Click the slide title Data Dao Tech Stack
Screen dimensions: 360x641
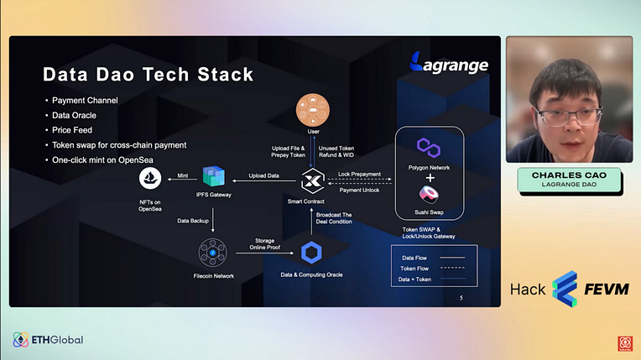click(148, 75)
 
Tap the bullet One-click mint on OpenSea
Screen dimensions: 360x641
click(110, 159)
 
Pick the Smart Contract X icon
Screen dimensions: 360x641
click(312, 179)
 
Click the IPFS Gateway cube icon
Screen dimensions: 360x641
click(213, 177)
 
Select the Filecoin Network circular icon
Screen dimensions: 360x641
click(213, 252)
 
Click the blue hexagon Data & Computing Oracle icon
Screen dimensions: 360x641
click(312, 251)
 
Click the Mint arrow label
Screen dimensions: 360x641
click(182, 174)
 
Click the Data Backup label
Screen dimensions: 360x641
click(193, 221)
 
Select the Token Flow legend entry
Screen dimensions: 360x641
click(415, 269)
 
